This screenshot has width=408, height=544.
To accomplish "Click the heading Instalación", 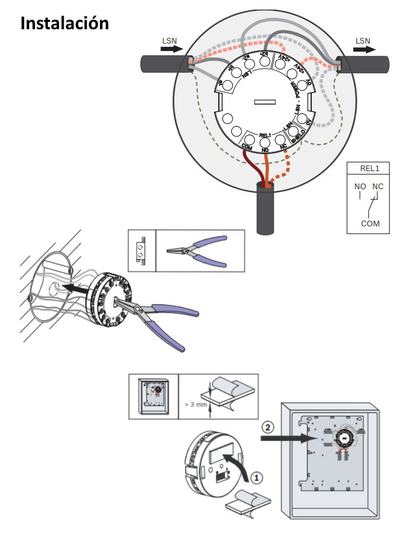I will click(x=64, y=23).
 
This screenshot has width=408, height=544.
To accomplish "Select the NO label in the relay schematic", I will click(x=360, y=186).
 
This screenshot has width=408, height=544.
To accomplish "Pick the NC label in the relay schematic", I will click(x=377, y=186).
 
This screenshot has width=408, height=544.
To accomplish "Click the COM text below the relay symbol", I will click(x=370, y=224).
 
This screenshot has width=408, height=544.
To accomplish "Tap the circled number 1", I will click(x=256, y=478).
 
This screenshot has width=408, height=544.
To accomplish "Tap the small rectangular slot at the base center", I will click(x=264, y=101).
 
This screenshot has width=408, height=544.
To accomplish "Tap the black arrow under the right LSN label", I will click(x=364, y=49).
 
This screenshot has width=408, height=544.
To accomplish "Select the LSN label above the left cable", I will click(x=169, y=40).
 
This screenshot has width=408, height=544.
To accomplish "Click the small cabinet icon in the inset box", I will click(x=153, y=396).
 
